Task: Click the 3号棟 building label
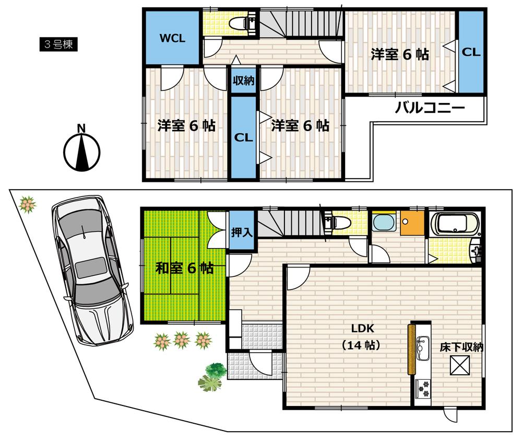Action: [58, 44]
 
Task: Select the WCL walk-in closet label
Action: [172, 39]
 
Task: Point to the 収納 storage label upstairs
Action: [243, 81]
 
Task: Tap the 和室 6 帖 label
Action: [184, 269]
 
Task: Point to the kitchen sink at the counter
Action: [422, 346]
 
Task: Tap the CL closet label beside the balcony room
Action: [471, 52]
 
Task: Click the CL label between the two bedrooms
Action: [243, 138]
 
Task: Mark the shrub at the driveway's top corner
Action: [27, 204]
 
